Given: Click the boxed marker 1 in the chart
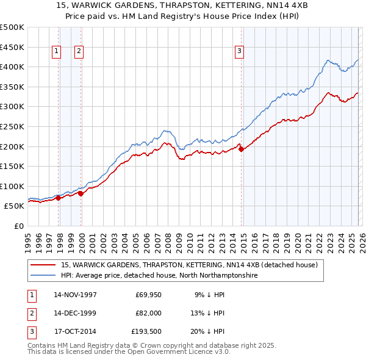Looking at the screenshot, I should (x=56, y=52).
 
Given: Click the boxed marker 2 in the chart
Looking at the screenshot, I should (x=79, y=52).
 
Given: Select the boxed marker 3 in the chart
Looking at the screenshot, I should (x=240, y=52).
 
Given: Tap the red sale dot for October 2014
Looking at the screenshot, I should (x=241, y=148).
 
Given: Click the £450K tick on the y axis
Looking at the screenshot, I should (x=12, y=47).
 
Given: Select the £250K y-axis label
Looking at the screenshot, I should (x=12, y=126).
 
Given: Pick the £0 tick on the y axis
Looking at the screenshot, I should (x=19, y=226).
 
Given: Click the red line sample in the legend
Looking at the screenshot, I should (x=43, y=265).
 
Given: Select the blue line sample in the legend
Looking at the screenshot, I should (x=43, y=276).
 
